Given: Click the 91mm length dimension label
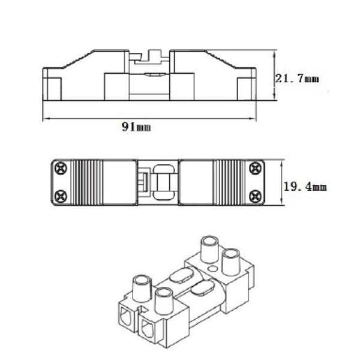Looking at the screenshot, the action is (136, 127).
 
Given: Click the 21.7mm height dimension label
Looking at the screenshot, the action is (297, 79).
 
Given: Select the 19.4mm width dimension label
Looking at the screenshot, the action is (305, 187).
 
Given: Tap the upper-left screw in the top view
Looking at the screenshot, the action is (61, 168).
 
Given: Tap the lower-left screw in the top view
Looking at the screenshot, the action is (61, 197).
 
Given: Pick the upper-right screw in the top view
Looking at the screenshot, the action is (255, 168).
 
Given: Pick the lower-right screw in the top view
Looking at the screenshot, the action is (255, 197).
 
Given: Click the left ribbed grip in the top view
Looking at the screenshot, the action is (86, 182).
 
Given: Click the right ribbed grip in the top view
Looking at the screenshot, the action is (228, 182).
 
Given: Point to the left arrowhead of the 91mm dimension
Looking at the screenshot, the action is (46, 119).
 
